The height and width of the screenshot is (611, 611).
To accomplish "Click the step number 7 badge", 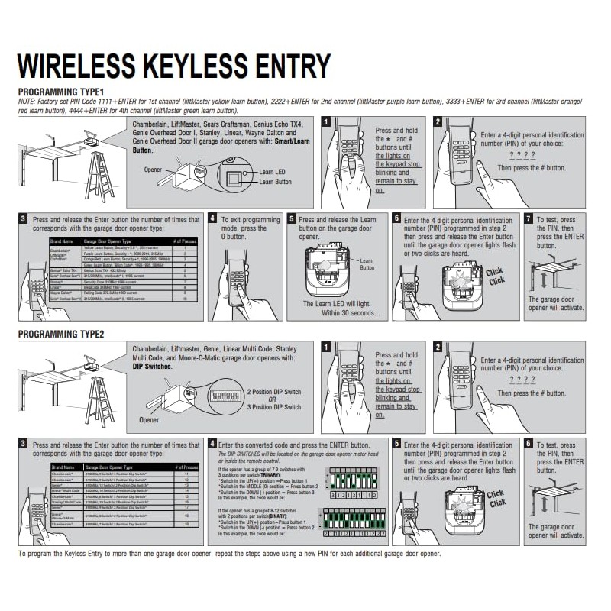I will pyautogui.click(x=529, y=218).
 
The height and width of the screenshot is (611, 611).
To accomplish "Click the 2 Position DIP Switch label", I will pyautogui.click(x=273, y=392).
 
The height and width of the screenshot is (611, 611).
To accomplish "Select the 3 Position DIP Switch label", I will pyautogui.click(x=273, y=407).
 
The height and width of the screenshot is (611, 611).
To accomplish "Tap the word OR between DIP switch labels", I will pyautogui.click(x=273, y=399).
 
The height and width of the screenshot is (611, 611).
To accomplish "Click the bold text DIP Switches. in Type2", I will pyautogui.click(x=152, y=367).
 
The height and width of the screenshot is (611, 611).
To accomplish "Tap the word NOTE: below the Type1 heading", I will pyautogui.click(x=27, y=101).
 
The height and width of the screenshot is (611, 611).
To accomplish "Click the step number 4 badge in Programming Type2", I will pyautogui.click(x=212, y=443).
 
